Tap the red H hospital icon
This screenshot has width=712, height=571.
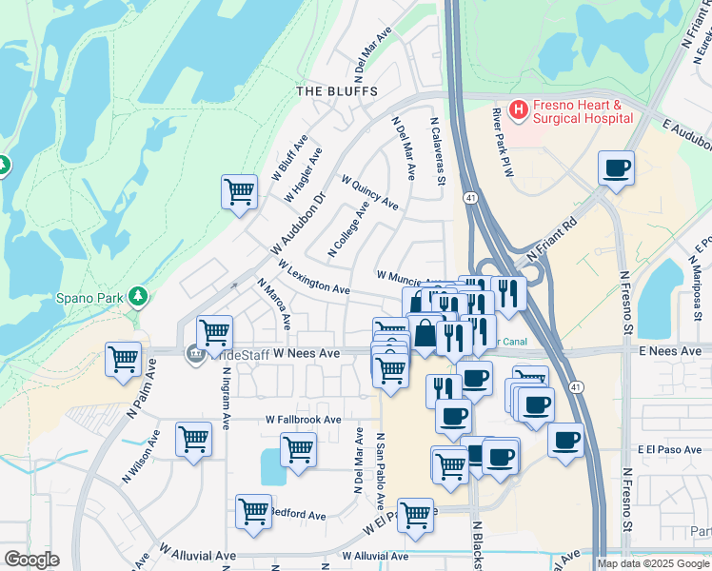[x=519, y=110]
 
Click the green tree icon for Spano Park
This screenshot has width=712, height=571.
[x=140, y=297]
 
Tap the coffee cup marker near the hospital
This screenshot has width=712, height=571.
[x=617, y=168]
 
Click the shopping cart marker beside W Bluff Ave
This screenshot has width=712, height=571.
[x=240, y=190]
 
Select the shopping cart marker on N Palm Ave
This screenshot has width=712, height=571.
[x=124, y=359]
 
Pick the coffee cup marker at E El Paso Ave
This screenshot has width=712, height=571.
[x=565, y=440]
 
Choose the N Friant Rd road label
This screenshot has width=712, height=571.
[x=552, y=241]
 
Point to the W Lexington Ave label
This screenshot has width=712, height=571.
[x=313, y=276]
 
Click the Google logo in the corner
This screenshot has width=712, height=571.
[x=31, y=560]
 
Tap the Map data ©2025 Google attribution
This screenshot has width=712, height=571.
[x=653, y=563]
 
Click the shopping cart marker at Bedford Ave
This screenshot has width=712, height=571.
[x=253, y=511]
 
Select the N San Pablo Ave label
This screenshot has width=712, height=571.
[x=379, y=473]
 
